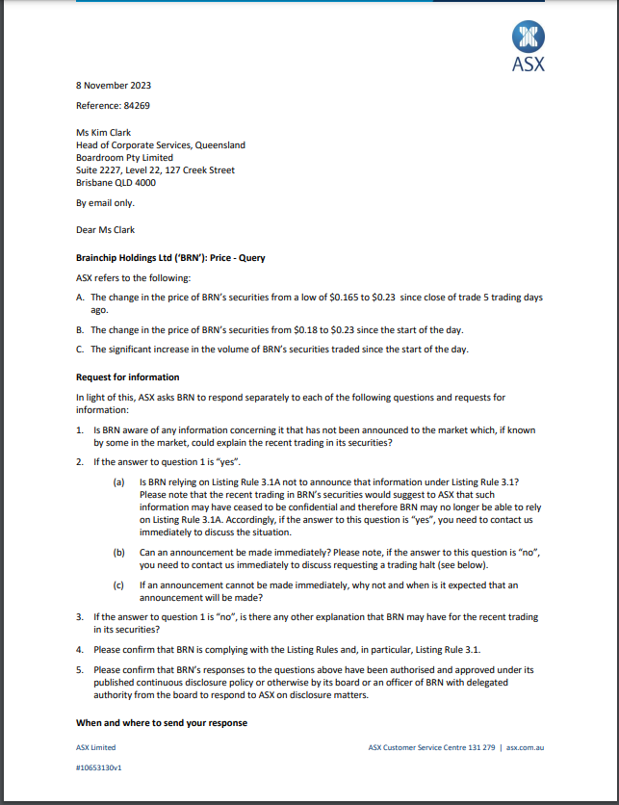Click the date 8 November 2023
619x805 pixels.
click(x=114, y=86)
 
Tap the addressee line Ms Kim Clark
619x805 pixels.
click(x=104, y=133)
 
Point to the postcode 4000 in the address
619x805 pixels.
click(x=145, y=183)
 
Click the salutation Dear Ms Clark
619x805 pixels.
click(x=105, y=230)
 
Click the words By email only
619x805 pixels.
click(x=105, y=203)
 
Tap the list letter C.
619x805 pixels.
click(x=80, y=350)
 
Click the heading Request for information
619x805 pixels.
click(x=127, y=377)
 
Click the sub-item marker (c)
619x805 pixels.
click(x=118, y=584)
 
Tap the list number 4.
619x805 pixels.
click(x=80, y=649)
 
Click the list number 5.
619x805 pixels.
click(x=80, y=669)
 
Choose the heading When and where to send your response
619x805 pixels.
click(x=162, y=722)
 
